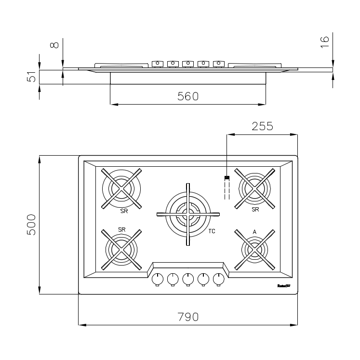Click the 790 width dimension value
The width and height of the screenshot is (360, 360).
tap(188, 317)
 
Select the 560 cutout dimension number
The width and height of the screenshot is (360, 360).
tap(188, 96)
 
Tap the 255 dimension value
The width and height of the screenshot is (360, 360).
tap(262, 126)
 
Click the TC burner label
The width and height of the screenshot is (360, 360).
tap(212, 231)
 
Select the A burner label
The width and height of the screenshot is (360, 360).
tap(254, 232)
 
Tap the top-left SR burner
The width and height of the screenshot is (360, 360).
tap(122, 188)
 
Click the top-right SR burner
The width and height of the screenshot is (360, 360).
tap(254, 188)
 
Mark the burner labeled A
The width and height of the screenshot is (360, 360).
tap(254, 249)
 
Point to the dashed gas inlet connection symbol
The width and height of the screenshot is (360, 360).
tap(226, 188)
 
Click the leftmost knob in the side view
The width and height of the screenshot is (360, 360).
tap(157, 63)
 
